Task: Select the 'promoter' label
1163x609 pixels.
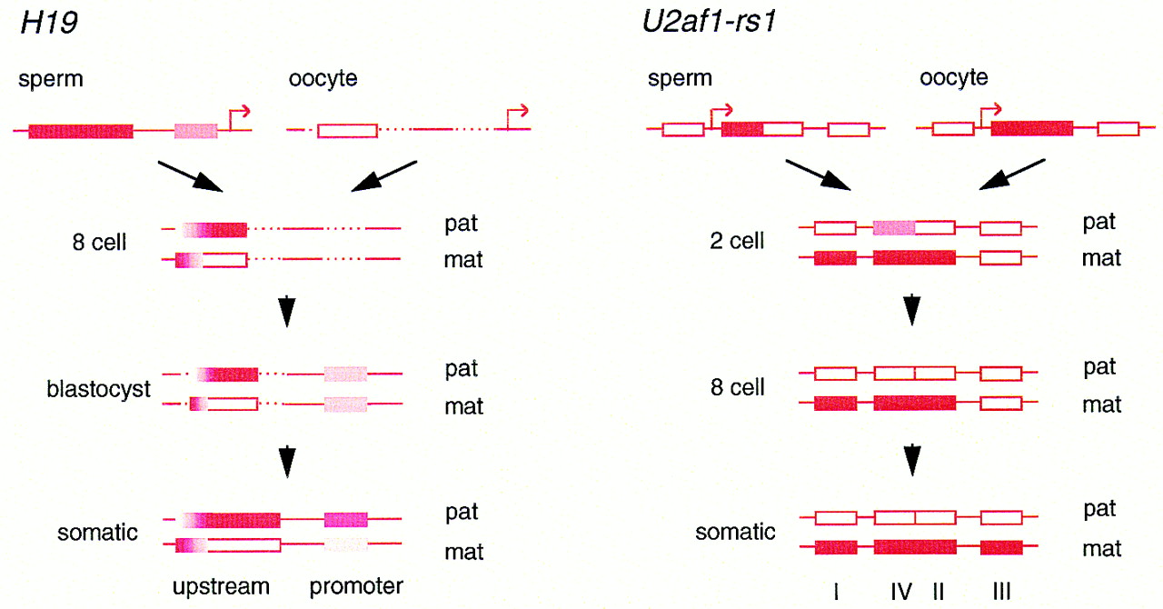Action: tap(356, 586)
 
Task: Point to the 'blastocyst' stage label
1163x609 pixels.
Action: tap(98, 390)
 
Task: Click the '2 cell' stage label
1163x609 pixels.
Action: tap(736, 241)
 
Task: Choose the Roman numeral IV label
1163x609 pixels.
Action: tap(901, 593)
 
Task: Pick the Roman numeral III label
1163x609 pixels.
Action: tap(1001, 593)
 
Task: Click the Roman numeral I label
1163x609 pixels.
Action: tap(836, 593)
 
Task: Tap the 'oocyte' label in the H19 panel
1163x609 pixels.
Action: tap(323, 79)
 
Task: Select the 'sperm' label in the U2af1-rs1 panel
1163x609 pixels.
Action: tap(679, 79)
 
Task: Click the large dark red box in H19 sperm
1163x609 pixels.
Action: tap(81, 131)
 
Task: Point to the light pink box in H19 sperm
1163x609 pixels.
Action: tap(195, 131)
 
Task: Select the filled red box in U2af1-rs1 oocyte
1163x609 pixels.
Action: tap(1031, 128)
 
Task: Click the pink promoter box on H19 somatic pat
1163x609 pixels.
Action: tap(346, 520)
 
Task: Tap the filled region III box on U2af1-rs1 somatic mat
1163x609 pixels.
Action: tap(1001, 547)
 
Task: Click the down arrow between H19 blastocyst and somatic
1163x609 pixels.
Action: tap(287, 462)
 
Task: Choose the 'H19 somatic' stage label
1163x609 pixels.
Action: tap(98, 533)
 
